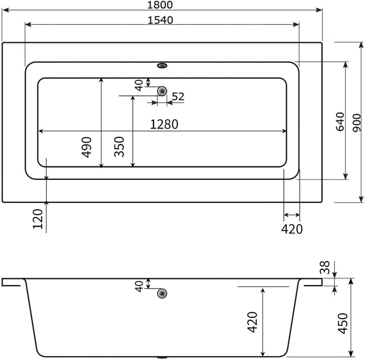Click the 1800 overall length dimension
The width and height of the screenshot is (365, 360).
click(x=160, y=5)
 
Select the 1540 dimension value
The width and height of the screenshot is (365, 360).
click(x=160, y=20)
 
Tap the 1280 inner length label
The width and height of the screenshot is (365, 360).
click(x=164, y=124)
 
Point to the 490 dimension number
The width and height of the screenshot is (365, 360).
click(x=86, y=147)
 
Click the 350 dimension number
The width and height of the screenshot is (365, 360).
click(x=119, y=147)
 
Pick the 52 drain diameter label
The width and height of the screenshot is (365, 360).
click(x=178, y=96)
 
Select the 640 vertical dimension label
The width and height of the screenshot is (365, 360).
click(x=340, y=122)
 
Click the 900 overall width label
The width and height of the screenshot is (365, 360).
click(x=356, y=123)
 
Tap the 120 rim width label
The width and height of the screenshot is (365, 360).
click(x=38, y=219)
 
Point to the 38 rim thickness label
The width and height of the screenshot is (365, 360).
click(x=325, y=267)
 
